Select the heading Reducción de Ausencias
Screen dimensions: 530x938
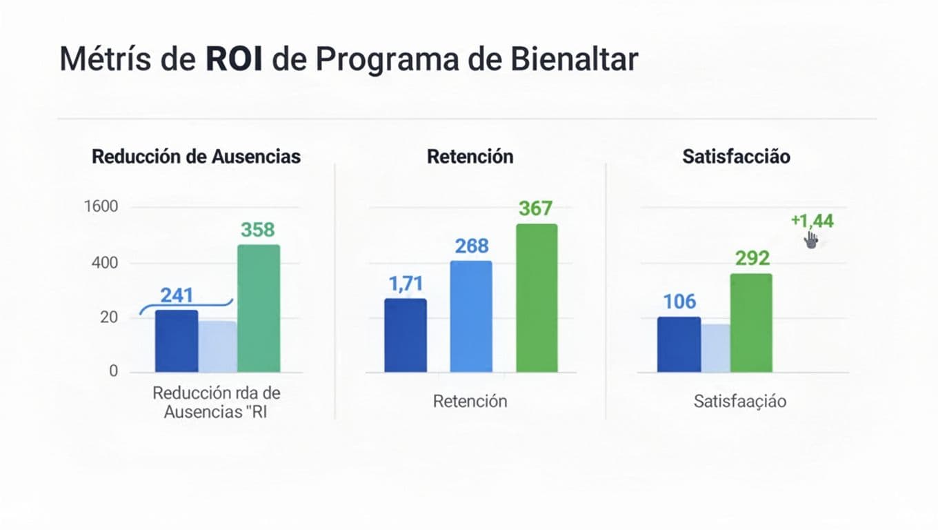(196, 157)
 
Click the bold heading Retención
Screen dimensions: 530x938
(470, 157)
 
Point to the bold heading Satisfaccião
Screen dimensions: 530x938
(736, 157)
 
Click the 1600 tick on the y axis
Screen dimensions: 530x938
(101, 206)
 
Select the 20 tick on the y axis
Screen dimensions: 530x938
(108, 318)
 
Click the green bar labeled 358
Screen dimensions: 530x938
(259, 308)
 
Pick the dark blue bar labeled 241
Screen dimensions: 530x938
(177, 341)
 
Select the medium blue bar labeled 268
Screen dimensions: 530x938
(471, 317)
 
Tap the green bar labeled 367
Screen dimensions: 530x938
(537, 298)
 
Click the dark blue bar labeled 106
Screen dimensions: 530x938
(679, 344)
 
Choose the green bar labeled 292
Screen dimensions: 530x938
(751, 323)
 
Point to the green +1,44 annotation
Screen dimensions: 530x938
(812, 221)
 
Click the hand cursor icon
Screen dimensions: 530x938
(811, 240)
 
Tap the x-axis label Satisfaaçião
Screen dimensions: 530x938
(739, 401)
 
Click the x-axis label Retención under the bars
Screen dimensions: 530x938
(470, 401)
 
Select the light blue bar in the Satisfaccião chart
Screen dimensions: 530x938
(715, 349)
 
